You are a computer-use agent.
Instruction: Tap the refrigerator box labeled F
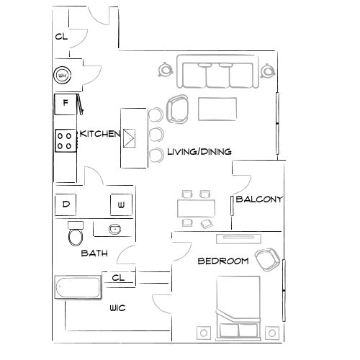pyautogui.click(x=66, y=104)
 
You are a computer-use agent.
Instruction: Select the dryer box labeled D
pyautogui.click(x=66, y=204)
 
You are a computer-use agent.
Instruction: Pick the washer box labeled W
pyautogui.click(x=121, y=206)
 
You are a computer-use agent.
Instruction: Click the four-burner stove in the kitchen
pyautogui.click(x=65, y=140)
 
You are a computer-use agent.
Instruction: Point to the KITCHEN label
pyautogui.click(x=99, y=134)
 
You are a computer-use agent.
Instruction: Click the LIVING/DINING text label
pyautogui.click(x=199, y=152)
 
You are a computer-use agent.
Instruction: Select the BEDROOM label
pyautogui.click(x=223, y=261)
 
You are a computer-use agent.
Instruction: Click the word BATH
pyautogui.click(x=94, y=253)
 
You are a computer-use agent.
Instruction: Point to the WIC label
pyautogui.click(x=118, y=308)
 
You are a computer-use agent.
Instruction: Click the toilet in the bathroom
pyautogui.click(x=76, y=234)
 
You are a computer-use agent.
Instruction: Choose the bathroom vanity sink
pyautogui.click(x=114, y=229)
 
